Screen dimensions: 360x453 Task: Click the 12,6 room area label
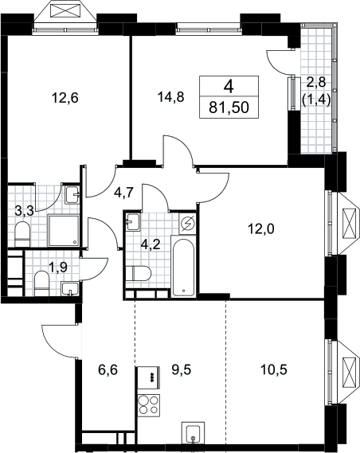(x=65, y=98)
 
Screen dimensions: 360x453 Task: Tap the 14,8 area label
(x=171, y=97)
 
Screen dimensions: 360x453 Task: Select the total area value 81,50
(x=229, y=107)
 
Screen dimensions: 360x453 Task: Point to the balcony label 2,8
(x=316, y=83)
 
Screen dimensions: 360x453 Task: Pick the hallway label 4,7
(x=123, y=192)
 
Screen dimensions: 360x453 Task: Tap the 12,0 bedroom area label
(x=261, y=229)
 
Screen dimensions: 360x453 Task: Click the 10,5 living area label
(x=274, y=369)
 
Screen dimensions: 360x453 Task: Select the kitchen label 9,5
(x=182, y=369)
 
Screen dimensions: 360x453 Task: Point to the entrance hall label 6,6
(x=108, y=369)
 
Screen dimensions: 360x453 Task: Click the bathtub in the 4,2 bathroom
(x=184, y=266)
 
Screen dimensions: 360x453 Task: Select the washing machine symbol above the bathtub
(x=187, y=224)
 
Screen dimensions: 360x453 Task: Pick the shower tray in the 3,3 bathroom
(x=63, y=231)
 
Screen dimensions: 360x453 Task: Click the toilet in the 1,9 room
(x=42, y=283)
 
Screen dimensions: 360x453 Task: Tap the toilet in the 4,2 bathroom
(x=139, y=274)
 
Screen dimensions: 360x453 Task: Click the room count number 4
(x=229, y=87)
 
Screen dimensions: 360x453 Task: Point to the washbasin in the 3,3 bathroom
(x=72, y=195)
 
